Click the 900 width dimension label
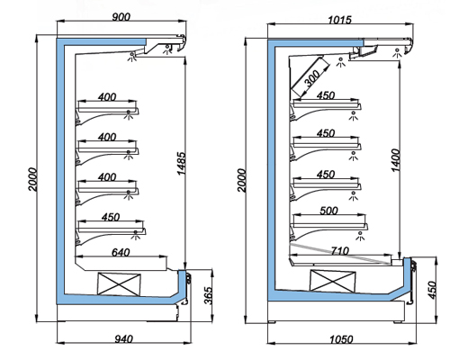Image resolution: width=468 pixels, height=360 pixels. point(121,17)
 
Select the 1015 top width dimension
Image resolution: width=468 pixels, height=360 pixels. point(339,20)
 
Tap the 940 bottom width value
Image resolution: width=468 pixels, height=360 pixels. point(123,339)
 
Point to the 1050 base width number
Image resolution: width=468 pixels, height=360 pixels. point(341,339)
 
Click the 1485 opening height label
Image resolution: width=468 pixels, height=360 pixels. point(182,164)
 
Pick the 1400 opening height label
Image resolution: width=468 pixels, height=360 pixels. point(396,160)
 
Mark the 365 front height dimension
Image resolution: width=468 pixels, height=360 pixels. point(208,296)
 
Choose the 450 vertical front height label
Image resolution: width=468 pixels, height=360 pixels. point(432,290)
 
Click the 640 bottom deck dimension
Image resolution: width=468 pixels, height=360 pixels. point(121,252)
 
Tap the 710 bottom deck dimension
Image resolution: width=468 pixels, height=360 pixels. point(340,250)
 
